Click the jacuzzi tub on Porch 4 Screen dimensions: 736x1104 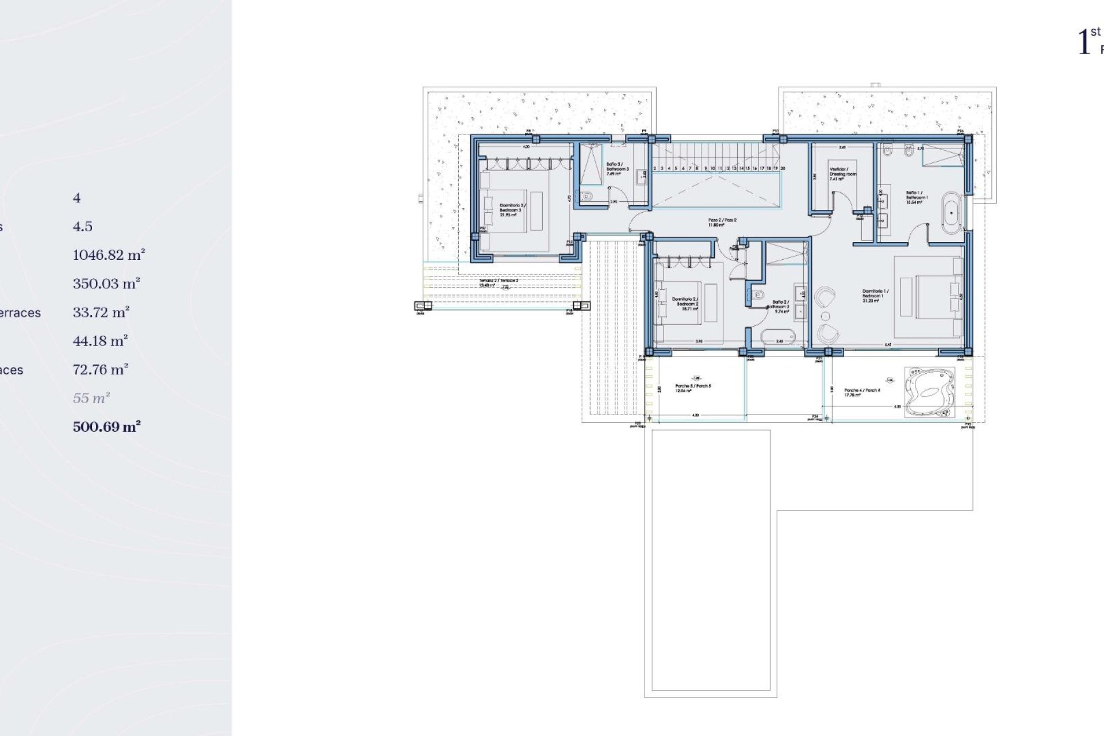[x=929, y=392]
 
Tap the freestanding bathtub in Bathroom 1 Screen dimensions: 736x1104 [x=952, y=213]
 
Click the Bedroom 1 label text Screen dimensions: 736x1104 [x=875, y=296]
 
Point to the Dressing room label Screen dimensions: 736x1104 [x=842, y=174]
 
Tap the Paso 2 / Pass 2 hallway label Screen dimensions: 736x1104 [x=722, y=222]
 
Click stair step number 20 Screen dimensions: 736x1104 [x=783, y=168]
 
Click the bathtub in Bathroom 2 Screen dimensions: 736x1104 [x=778, y=336]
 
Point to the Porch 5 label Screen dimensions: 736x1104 [x=693, y=388]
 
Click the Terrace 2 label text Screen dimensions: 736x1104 [x=499, y=282]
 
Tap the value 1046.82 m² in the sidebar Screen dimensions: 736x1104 [x=109, y=255]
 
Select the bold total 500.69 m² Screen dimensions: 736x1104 [x=107, y=427]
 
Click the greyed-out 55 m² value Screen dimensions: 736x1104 [x=91, y=398]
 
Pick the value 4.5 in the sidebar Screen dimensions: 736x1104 [x=82, y=227]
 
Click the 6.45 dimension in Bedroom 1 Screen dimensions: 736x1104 [x=888, y=345]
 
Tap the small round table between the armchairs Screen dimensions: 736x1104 [x=825, y=316]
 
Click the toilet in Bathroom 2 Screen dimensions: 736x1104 [x=757, y=296]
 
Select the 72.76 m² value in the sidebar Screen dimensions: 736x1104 [x=100, y=369]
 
